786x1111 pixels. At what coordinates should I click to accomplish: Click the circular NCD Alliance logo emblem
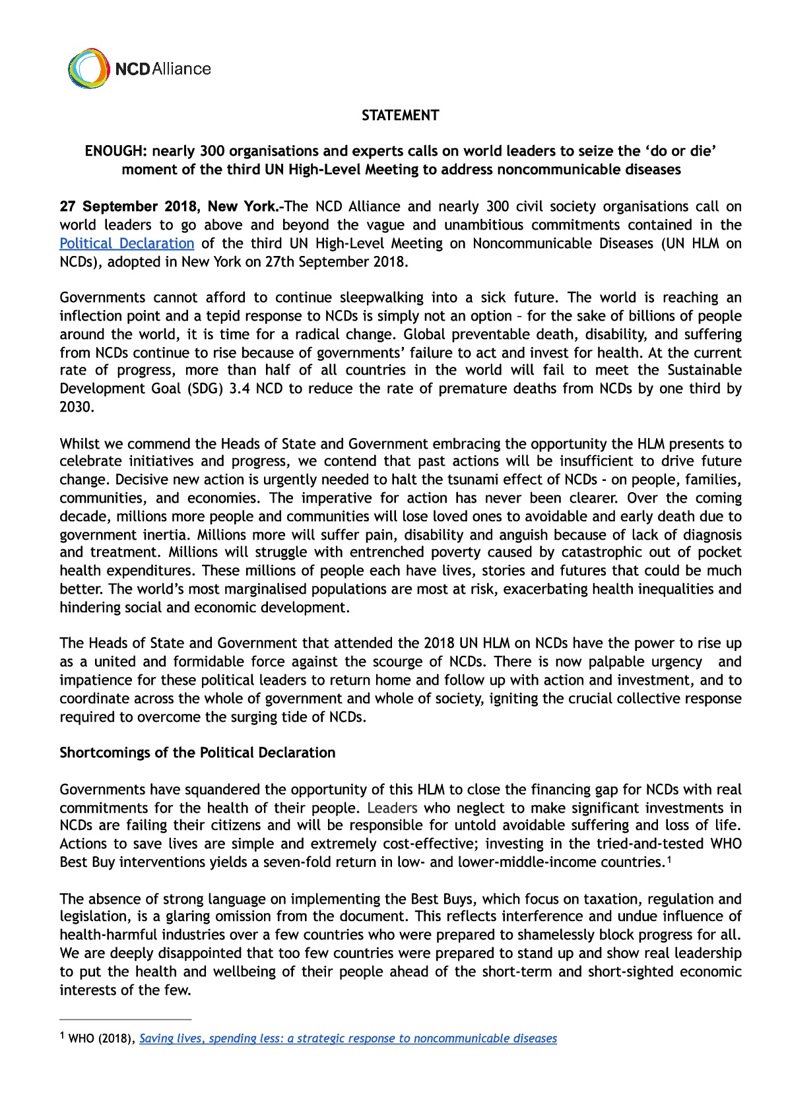coord(88,68)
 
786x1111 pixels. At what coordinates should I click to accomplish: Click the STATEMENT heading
coord(400,115)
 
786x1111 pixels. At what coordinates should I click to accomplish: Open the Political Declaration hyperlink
coord(127,243)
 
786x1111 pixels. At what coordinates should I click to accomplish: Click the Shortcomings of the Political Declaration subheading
coord(197,753)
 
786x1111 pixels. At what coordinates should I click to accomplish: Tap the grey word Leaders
coord(392,808)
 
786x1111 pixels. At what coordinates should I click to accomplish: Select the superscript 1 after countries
coord(669,860)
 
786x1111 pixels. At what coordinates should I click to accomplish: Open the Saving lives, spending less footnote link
coord(348,1038)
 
